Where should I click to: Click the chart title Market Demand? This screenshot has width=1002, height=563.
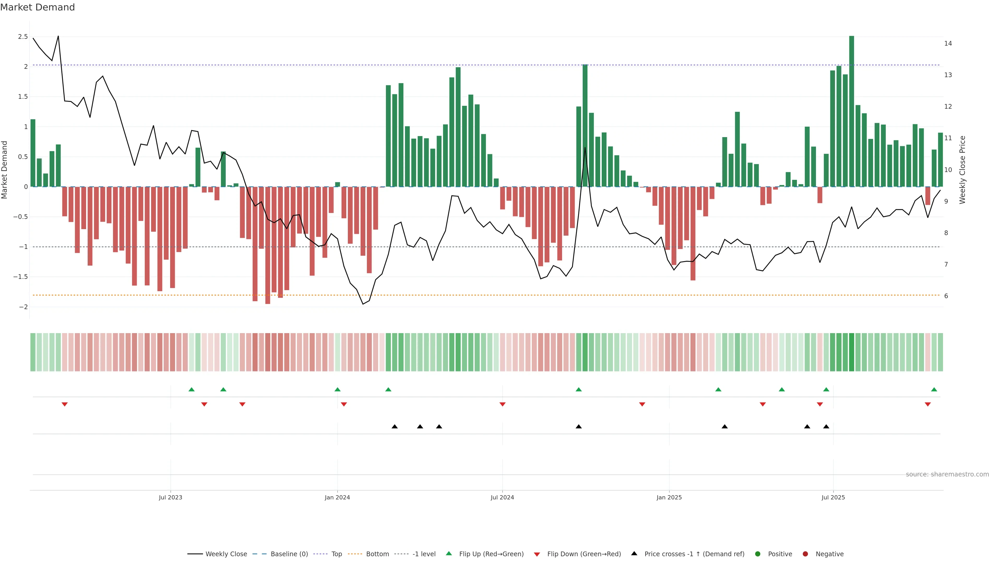37,7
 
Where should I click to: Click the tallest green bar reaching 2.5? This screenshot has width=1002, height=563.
851,111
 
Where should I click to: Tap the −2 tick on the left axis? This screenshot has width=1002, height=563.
23,307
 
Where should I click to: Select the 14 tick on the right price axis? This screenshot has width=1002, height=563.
948,44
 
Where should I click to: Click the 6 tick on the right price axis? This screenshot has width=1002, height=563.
946,296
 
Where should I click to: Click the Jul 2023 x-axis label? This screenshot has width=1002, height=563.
170,497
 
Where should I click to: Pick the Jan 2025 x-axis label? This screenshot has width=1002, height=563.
669,497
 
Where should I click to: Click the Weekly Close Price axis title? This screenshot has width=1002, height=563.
962,170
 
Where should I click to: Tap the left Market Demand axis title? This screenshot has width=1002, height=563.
5,170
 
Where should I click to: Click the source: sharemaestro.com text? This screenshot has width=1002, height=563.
947,474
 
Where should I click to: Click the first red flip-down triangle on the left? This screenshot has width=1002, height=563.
64,405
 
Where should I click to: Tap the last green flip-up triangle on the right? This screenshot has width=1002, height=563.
934,389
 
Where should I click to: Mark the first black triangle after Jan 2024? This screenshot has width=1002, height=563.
395,427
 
